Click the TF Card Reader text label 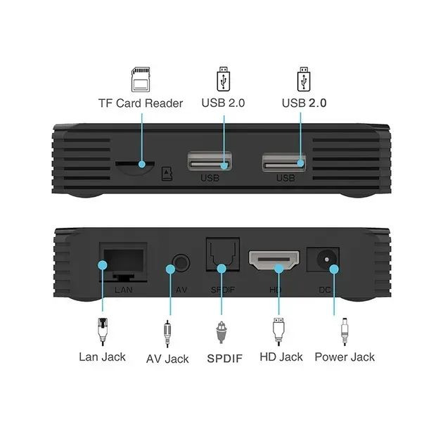[x=140, y=103]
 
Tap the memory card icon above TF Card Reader [x=141, y=79]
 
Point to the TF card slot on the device [x=135, y=163]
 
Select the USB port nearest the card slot [x=210, y=162]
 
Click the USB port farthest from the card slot [x=285, y=162]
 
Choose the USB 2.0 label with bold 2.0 [x=304, y=103]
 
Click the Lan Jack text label [x=102, y=357]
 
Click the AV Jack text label [x=167, y=359]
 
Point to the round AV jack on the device [x=181, y=264]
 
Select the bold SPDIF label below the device [x=224, y=358]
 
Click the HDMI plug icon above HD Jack [x=279, y=329]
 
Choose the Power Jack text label [x=345, y=357]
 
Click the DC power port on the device [x=328, y=261]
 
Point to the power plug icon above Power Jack [x=345, y=330]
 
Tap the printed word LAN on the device [x=122, y=289]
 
